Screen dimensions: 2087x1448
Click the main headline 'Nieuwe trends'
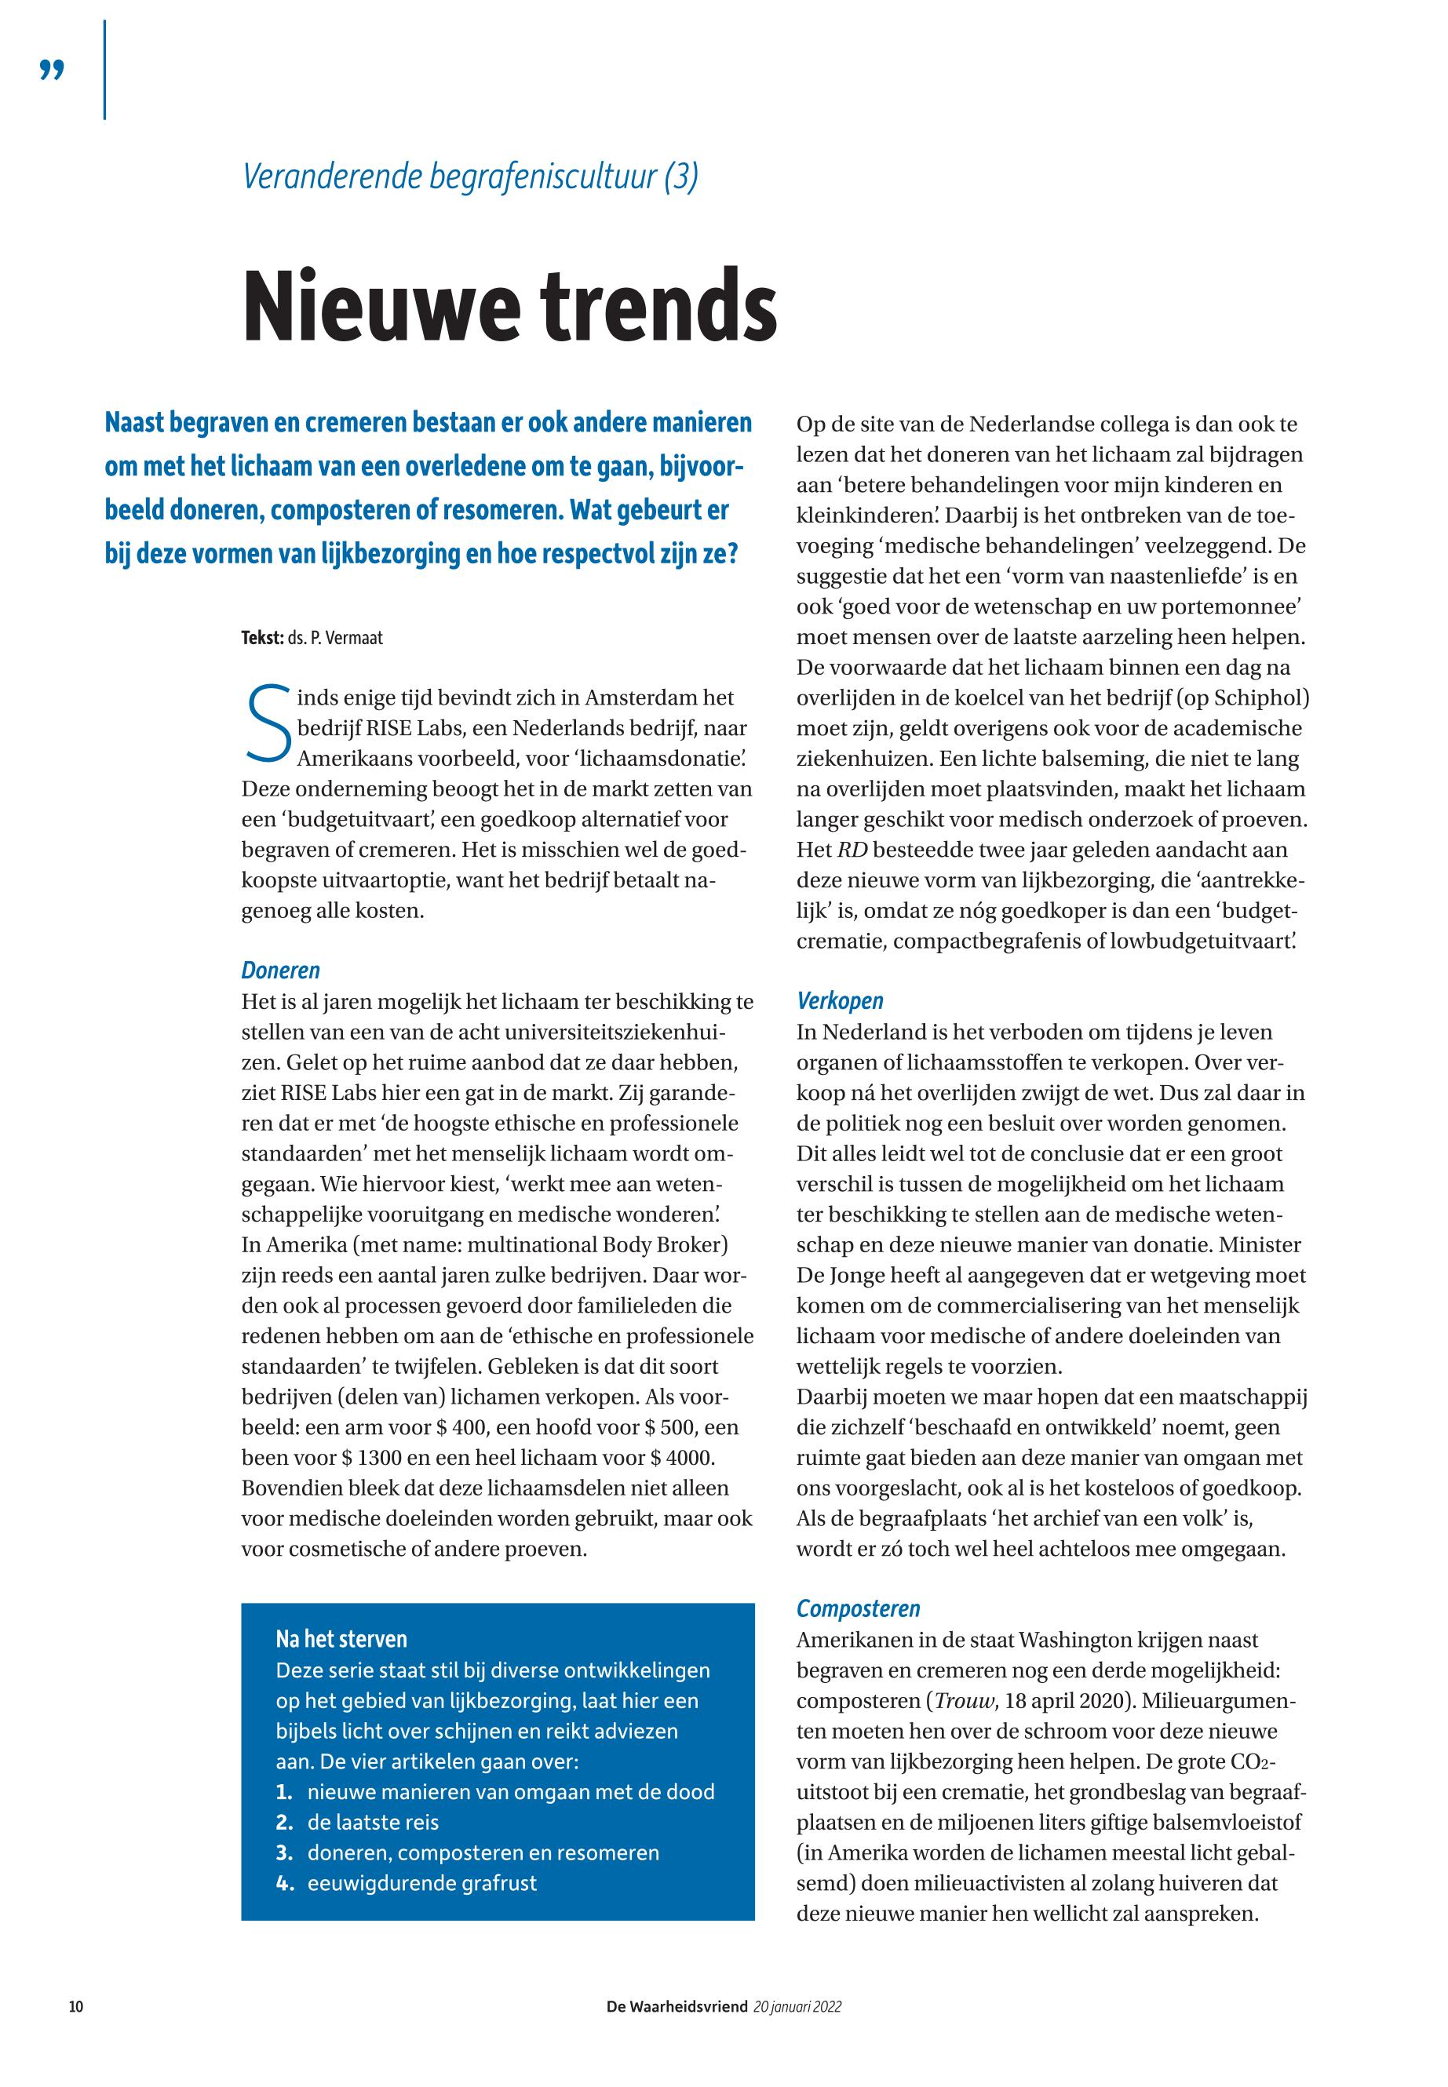click(510, 304)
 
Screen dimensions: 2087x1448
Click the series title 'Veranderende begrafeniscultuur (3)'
click(470, 176)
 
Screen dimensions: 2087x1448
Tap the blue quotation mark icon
click(53, 70)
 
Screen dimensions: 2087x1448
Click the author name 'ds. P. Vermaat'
click(336, 638)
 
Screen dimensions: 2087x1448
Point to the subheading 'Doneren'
click(280, 971)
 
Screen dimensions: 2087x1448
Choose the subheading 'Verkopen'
click(839, 1000)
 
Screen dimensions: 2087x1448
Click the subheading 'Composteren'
click(859, 1608)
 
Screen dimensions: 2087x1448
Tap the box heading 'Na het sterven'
click(341, 1639)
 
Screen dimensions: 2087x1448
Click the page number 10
click(76, 2006)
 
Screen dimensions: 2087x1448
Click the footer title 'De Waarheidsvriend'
click(677, 2006)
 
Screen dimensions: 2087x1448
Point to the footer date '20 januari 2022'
click(797, 2006)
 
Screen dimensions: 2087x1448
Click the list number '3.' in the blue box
click(285, 1852)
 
